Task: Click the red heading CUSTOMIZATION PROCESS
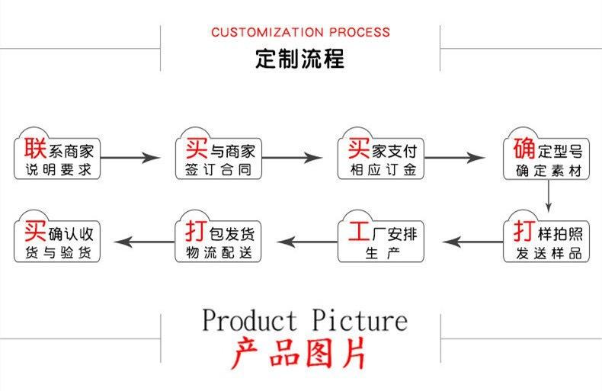300,32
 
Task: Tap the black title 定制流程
299,59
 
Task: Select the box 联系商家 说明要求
57,155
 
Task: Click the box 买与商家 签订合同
219,155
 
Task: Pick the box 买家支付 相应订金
380,155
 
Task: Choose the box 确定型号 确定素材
546,155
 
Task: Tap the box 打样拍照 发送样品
546,236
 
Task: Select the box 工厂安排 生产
380,236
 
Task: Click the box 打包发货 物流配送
218,236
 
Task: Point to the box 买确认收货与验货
57,236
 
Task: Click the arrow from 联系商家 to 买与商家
130,158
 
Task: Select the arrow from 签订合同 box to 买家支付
292,158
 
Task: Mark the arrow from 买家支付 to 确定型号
455,158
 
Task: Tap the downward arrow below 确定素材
548,195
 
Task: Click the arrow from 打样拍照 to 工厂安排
472,242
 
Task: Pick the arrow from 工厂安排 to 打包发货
307,242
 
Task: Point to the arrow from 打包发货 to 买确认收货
144,242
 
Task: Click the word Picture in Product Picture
360,320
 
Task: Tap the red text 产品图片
299,353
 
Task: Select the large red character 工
359,231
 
